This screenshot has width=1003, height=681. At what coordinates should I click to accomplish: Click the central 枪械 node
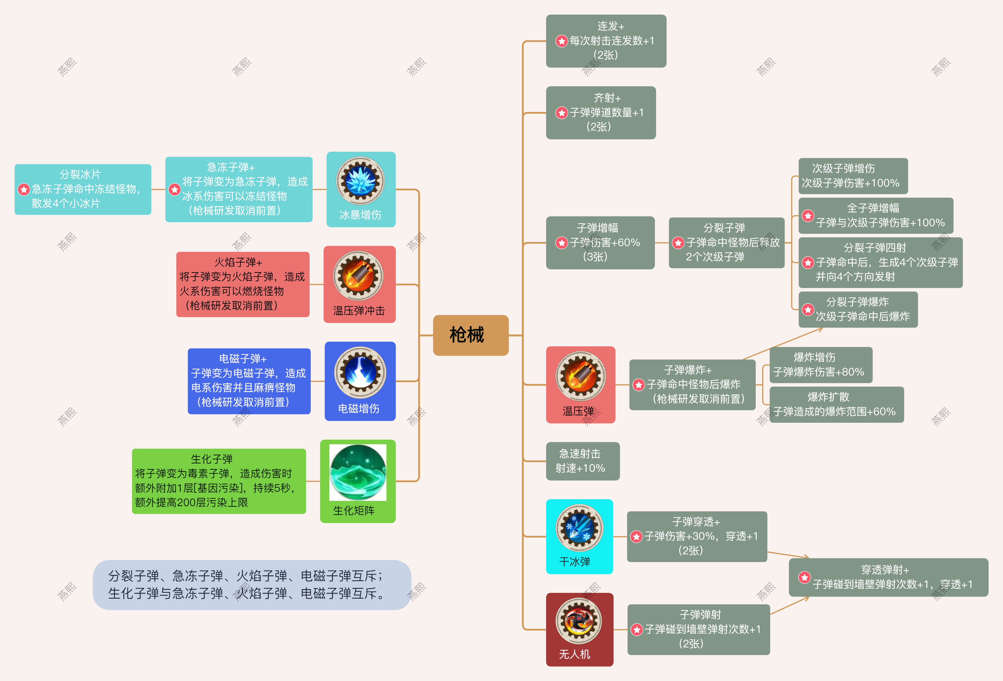tap(470, 335)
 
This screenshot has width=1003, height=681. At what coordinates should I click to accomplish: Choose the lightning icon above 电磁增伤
tap(360, 372)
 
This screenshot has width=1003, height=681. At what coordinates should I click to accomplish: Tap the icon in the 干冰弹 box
tap(579, 528)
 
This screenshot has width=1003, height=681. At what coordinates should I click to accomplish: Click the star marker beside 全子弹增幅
tap(808, 216)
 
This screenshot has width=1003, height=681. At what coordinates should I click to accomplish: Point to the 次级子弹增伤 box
tap(853, 176)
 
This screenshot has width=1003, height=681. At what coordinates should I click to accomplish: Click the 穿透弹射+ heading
tap(885, 570)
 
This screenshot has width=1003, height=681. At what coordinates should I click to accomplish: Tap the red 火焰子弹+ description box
tap(243, 284)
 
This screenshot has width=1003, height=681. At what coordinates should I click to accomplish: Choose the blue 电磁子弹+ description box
tap(249, 381)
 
